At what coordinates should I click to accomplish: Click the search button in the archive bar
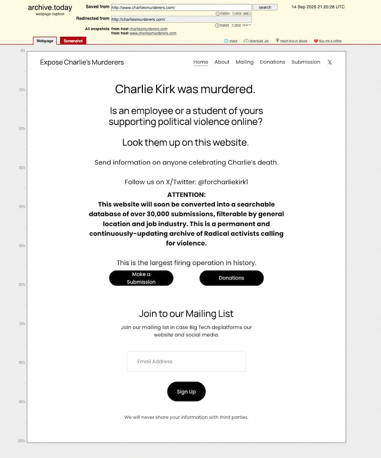[x=265, y=7]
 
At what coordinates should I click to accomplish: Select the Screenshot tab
[x=73, y=41]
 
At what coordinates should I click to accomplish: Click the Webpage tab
[x=45, y=41]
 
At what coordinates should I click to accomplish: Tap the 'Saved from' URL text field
[x=181, y=8]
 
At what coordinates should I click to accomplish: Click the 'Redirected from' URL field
[x=181, y=19]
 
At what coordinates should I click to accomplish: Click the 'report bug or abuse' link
[x=293, y=41]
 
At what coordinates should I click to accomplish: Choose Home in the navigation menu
[x=201, y=62]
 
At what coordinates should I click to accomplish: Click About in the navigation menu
[x=222, y=62]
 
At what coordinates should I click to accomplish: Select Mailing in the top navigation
[x=245, y=62]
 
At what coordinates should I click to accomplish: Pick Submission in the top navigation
[x=306, y=62]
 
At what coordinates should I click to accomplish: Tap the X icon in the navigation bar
[x=330, y=62]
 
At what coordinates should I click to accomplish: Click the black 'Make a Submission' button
[x=141, y=278]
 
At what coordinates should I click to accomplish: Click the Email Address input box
[x=186, y=361]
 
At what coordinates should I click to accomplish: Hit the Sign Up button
[x=186, y=391]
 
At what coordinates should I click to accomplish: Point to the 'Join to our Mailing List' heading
[x=186, y=314]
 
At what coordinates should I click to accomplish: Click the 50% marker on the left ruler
[x=22, y=245]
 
